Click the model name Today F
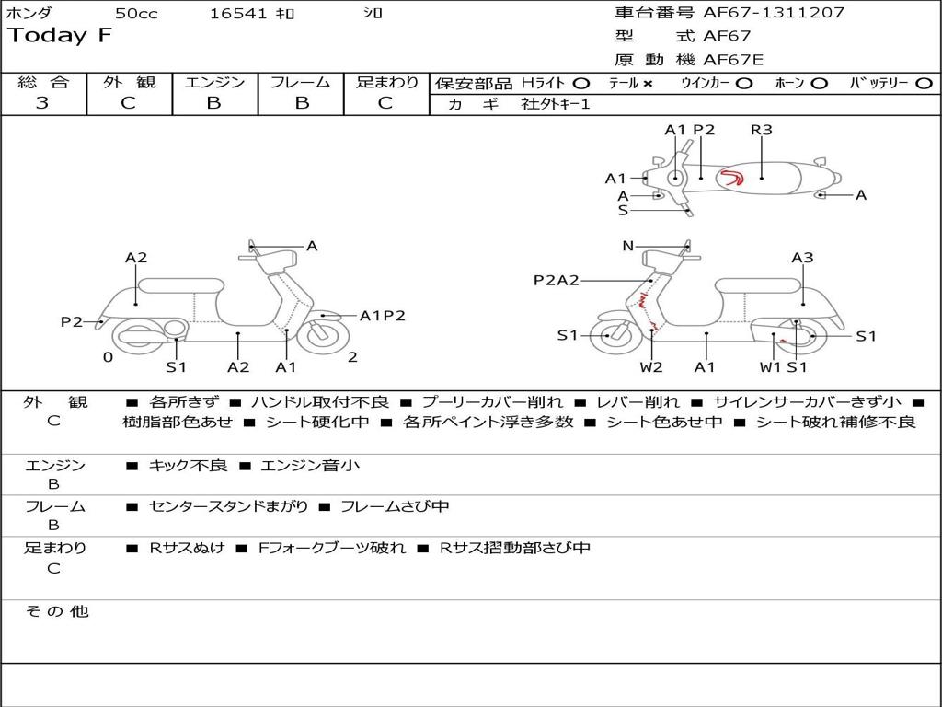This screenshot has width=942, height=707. [60, 36]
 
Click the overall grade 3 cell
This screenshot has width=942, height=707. [42, 103]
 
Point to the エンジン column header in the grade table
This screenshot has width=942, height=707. [214, 82]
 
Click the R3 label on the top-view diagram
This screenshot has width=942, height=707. [761, 130]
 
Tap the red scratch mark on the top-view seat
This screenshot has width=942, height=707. [732, 177]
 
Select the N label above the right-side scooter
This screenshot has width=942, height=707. [628, 246]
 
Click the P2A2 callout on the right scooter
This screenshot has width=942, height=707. [557, 280]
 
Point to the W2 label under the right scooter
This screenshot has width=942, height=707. [651, 367]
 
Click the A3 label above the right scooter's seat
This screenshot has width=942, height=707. [802, 258]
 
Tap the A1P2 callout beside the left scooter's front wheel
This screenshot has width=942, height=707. [382, 316]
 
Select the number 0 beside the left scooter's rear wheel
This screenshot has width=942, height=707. [108, 357]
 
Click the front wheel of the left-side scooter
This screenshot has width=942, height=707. [322, 335]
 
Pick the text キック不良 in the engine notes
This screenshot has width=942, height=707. [188, 466]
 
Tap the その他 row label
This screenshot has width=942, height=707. [56, 611]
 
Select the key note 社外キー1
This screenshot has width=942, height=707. [556, 104]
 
